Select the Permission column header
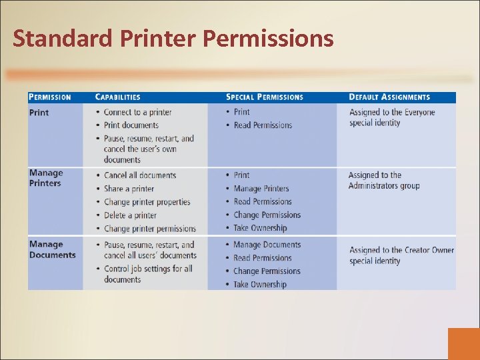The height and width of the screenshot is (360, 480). point(50,97)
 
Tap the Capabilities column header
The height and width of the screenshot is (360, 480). point(118,97)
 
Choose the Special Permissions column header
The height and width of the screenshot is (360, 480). point(265,97)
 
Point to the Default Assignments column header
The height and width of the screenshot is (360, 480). point(389,97)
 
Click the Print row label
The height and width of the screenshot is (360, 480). point(39,113)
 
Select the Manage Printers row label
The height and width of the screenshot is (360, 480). point(45,178)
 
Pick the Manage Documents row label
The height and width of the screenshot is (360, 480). point(52,249)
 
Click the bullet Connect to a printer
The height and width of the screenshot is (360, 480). point(137,112)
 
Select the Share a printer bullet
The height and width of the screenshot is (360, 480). point(129,189)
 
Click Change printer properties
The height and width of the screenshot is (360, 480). point(147,202)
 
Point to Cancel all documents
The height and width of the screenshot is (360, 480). point(140,175)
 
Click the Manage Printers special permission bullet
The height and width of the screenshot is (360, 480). point(261,189)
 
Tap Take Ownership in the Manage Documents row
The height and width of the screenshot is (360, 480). point(260,285)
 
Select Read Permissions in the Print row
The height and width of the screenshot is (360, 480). point(263,125)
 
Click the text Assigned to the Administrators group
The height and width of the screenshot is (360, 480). point(384,180)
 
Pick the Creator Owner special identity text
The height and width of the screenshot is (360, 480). point(401,255)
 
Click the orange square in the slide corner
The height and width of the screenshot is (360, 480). point(464,344)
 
